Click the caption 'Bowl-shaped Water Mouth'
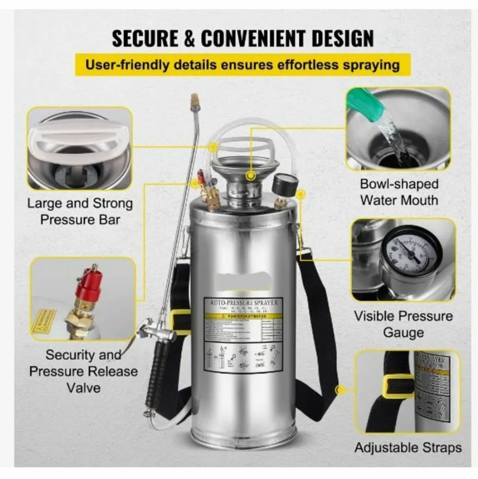[399, 192]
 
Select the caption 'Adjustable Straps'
[408, 447]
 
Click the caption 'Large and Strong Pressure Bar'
[80, 211]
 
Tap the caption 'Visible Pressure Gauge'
[403, 324]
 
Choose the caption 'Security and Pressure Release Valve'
[83, 371]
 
